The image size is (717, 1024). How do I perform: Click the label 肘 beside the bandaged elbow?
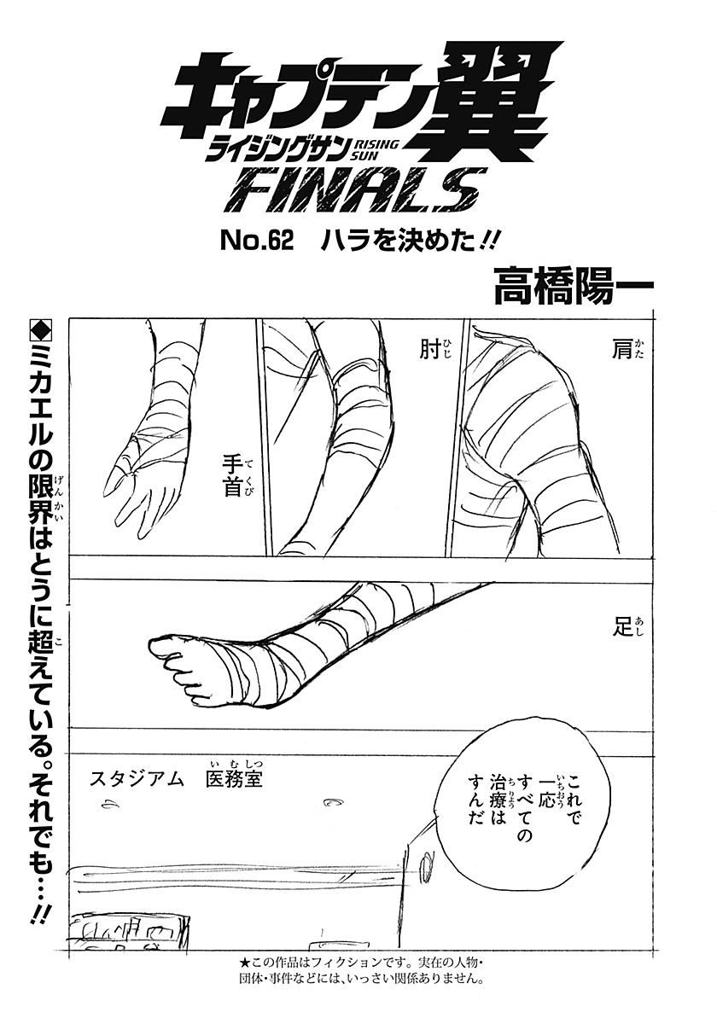pyautogui.click(x=428, y=349)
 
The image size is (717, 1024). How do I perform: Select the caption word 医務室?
pyautogui.click(x=230, y=779)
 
